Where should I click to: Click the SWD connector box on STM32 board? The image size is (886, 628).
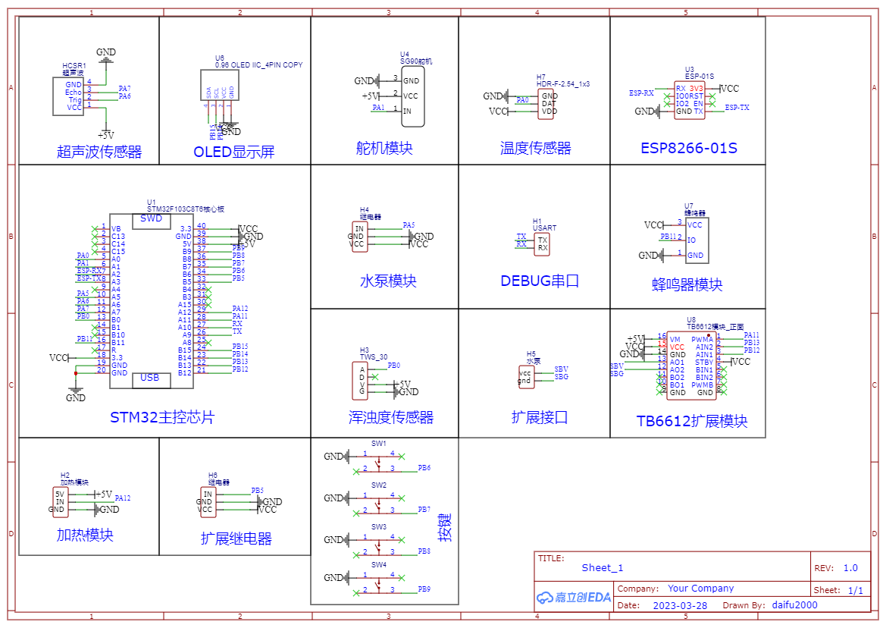click(151, 219)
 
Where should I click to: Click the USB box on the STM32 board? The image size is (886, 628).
click(150, 378)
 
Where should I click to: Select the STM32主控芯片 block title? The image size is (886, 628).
click(162, 418)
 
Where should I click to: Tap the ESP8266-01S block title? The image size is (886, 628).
click(688, 148)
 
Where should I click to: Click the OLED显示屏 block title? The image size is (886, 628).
click(233, 152)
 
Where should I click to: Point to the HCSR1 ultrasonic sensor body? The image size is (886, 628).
click(68, 96)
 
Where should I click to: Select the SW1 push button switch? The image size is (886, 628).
click(378, 461)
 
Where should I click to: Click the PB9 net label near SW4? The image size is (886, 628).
click(424, 589)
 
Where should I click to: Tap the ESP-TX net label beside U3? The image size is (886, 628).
click(737, 108)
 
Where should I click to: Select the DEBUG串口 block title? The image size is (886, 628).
click(540, 281)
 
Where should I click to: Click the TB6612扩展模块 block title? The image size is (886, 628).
click(692, 422)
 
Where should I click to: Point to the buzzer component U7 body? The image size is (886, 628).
click(697, 240)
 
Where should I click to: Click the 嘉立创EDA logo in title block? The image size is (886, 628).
click(573, 597)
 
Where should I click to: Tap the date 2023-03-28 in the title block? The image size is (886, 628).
click(679, 605)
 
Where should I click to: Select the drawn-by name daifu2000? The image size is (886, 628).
click(794, 605)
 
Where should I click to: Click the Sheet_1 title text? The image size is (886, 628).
click(603, 568)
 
